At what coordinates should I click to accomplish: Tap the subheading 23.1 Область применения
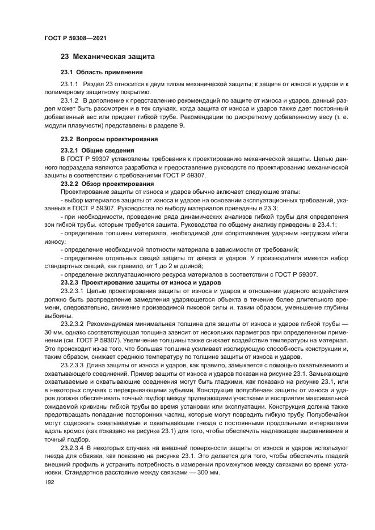point(102,73)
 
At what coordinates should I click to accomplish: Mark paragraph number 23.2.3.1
point(73,290)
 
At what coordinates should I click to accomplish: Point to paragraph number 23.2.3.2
point(73,323)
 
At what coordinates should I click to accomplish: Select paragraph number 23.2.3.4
point(73,447)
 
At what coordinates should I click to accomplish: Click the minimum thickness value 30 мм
point(55,332)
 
